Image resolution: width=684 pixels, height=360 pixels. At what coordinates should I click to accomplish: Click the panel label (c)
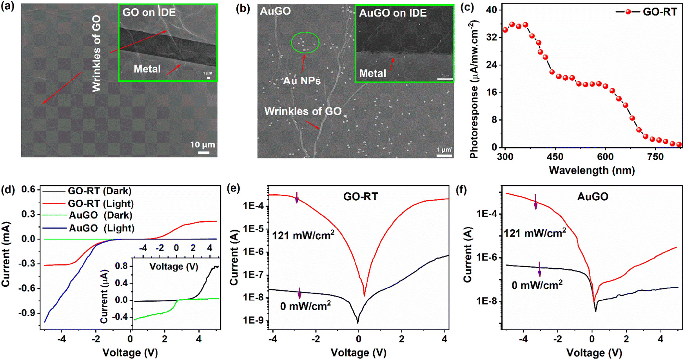tap(466, 8)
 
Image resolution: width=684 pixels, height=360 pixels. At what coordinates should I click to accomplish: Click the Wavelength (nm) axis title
tap(591, 170)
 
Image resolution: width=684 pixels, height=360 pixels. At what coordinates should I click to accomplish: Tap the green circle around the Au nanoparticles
tap(305, 42)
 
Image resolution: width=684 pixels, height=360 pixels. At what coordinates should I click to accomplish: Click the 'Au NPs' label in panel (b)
tap(302, 81)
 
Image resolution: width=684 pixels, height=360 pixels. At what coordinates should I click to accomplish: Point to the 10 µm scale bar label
tap(203, 145)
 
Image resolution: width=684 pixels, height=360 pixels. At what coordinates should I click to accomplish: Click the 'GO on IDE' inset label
tap(149, 13)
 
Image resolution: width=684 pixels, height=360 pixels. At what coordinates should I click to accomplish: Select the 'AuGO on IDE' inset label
tap(393, 13)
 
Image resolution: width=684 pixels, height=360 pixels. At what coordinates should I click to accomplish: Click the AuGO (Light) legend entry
tap(102, 228)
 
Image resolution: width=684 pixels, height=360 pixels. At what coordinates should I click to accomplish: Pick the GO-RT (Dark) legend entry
tap(100, 191)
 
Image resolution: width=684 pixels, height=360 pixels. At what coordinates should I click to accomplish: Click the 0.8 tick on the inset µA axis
tap(122, 266)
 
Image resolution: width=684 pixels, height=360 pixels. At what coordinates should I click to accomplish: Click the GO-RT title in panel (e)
tap(360, 196)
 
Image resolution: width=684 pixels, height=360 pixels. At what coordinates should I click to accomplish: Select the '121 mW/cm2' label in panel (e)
tap(303, 235)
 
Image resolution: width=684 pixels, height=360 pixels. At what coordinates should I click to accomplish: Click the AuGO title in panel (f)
tap(593, 196)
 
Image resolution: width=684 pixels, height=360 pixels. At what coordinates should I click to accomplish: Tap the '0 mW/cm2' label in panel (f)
tap(537, 285)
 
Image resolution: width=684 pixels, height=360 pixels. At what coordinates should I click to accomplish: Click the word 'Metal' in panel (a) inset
tap(147, 69)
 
